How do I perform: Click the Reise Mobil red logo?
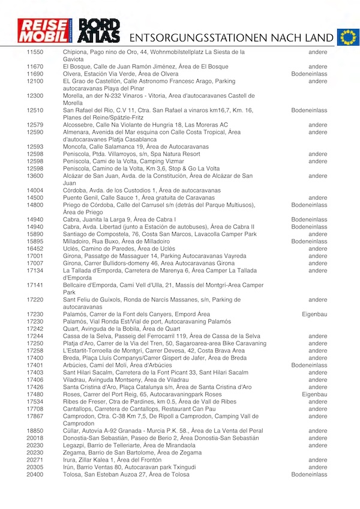pos(47,31)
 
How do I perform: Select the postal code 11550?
pos(35,52)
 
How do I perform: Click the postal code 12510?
pos(35,110)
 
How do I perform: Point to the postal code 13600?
pos(35,176)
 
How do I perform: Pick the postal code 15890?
pos(35,234)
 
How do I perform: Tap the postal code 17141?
pos(35,285)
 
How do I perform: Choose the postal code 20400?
pos(35,474)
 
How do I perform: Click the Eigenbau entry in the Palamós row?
pos(314,314)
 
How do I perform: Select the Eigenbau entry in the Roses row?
pos(314,394)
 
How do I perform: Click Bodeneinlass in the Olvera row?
pos(309,74)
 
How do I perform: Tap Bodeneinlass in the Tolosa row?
pos(309,474)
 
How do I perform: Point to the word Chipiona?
pos(76,52)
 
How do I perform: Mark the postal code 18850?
pos(35,431)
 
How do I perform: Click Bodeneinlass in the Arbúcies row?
pos(309,365)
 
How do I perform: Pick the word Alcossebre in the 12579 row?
pos(79,125)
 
